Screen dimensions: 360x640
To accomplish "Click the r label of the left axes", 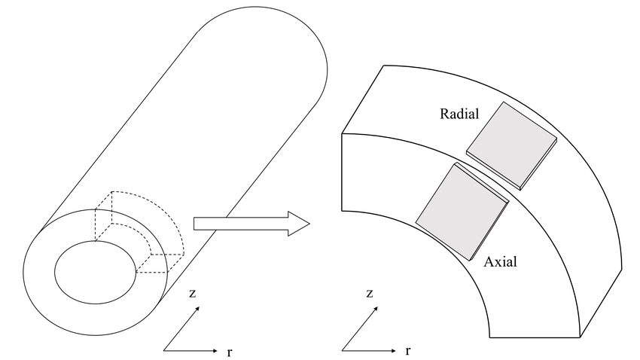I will point(229,351).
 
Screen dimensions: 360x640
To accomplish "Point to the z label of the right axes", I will point(369,293).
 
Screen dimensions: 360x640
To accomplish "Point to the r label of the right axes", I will point(407,351).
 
